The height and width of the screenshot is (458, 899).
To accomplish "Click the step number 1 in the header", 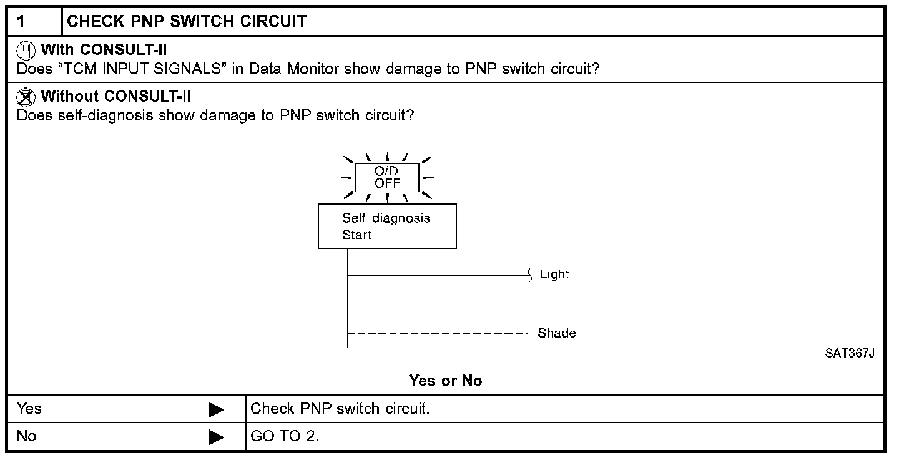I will tap(21, 22).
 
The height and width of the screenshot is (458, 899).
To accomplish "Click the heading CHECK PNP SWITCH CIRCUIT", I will tap(186, 22).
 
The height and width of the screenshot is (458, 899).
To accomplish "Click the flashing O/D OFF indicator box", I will tap(387, 177).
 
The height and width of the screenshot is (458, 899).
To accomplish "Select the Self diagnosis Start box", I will tap(387, 226).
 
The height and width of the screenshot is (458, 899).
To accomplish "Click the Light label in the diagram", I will tap(554, 275).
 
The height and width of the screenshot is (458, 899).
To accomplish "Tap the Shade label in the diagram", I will tap(557, 333).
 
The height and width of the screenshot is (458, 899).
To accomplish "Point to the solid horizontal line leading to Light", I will tap(437, 275).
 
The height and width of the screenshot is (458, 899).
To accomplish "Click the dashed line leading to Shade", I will tap(437, 333).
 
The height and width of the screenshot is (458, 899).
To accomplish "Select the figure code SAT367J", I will tap(849, 353).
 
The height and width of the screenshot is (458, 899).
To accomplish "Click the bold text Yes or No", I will tap(446, 381).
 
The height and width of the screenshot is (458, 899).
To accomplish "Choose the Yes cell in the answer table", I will tap(29, 409).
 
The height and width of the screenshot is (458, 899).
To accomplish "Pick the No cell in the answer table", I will tap(26, 436).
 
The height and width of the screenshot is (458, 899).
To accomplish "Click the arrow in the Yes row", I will tap(216, 410).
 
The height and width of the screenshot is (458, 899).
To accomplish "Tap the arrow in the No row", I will tap(216, 437).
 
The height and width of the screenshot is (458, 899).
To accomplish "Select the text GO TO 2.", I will tap(285, 436).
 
